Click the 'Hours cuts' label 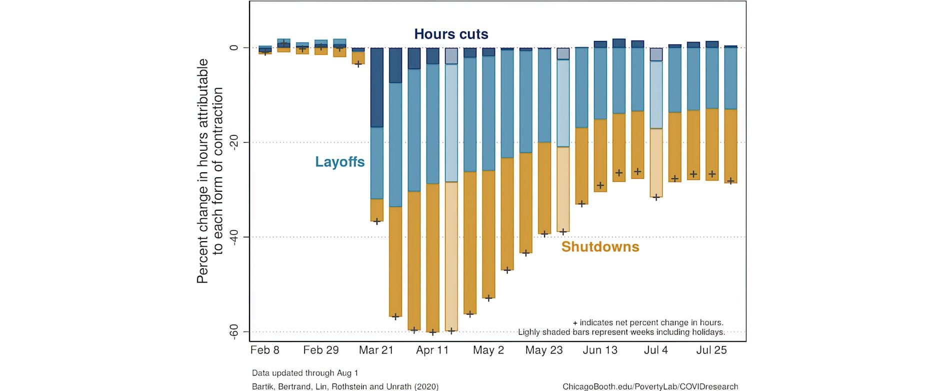451,34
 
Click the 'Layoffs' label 339,162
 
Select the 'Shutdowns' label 600,247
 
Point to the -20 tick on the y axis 233,142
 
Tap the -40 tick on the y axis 233,237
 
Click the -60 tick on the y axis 233,332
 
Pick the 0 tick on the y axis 233,48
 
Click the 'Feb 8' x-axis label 264,350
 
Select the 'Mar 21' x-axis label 376,350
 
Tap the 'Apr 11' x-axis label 432,350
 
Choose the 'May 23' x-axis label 543,350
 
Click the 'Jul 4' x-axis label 655,350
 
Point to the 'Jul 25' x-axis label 711,350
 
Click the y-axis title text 209,171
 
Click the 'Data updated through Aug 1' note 305,373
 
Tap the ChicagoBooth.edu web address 650,387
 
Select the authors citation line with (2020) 345,387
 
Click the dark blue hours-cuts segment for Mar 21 376,87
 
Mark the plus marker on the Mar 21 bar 376,221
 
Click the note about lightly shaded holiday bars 621,332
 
